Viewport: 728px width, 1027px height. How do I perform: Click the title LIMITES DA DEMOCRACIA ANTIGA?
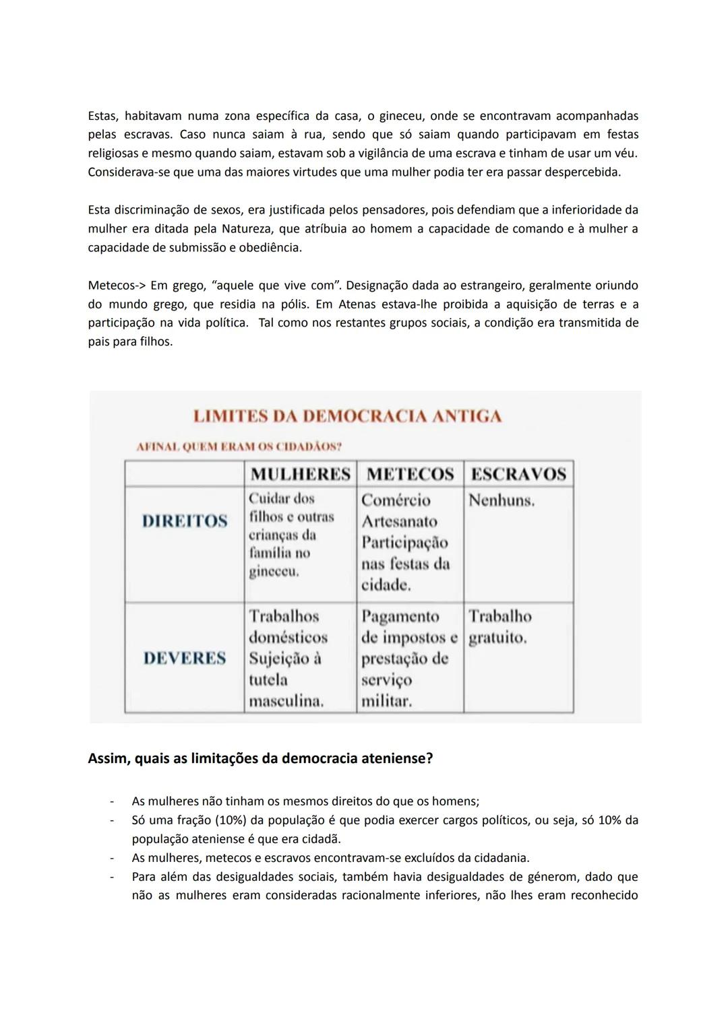coord(347,416)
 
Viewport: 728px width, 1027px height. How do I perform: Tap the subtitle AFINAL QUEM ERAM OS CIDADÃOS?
coord(239,446)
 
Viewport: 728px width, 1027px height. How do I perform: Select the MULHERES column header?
coord(300,474)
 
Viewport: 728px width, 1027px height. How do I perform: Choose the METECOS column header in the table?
coord(410,474)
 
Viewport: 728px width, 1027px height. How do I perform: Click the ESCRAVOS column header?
coord(518,474)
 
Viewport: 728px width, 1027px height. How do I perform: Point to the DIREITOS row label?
coord(185,521)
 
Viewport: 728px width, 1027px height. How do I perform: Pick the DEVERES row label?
coord(185,658)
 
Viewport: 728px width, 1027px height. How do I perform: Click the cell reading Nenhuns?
coord(502,500)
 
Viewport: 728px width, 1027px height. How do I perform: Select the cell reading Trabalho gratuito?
coord(499,627)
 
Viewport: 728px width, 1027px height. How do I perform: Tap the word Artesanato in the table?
coord(399,521)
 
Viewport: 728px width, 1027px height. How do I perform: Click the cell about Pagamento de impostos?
coord(408,658)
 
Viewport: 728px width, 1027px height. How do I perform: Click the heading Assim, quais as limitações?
coord(260,759)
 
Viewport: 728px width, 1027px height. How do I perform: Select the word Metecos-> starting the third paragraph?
coord(117,286)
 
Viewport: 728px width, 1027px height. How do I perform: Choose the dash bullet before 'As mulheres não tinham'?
coord(112,801)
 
